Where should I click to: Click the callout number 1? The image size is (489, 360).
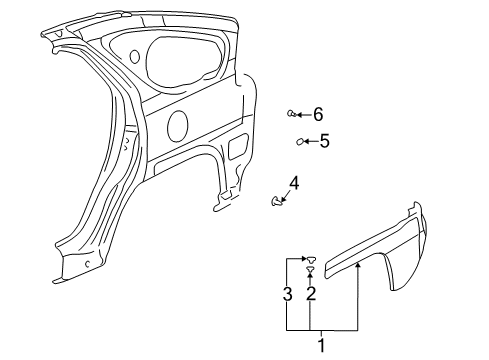[x=321, y=347]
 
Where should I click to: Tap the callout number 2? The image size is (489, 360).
[x=311, y=294]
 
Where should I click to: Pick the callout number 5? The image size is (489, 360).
[x=324, y=141]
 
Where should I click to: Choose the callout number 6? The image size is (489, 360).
[x=318, y=114]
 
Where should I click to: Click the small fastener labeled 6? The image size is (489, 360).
[x=291, y=114]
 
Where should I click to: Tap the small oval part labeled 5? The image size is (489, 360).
[x=298, y=142]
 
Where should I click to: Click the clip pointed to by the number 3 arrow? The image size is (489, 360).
[x=311, y=258]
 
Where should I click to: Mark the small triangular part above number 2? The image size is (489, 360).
[x=311, y=269]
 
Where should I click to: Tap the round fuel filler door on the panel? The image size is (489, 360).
[x=177, y=125]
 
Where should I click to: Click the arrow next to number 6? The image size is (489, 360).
[x=304, y=114]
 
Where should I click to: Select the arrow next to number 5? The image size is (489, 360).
[x=310, y=142]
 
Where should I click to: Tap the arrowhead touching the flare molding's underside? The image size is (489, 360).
[x=357, y=265]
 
